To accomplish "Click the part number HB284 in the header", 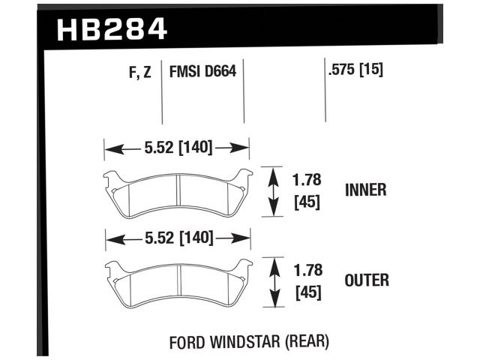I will [112, 30].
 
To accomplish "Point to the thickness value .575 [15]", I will [355, 72].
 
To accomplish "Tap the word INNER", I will [365, 190].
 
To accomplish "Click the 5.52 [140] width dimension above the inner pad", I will [176, 148].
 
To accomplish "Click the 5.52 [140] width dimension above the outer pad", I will [178, 239].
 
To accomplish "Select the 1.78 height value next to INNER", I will [306, 180].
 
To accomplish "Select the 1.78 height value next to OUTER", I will [306, 271].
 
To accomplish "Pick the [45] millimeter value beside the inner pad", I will [306, 202].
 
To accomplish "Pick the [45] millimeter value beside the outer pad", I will [306, 292].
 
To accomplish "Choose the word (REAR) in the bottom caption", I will [306, 343].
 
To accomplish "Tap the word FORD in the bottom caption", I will [187, 343].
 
